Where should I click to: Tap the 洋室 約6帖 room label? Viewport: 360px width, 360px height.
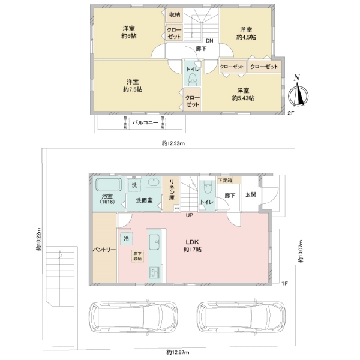click(128, 33)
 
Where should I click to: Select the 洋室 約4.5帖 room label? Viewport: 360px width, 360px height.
click(245, 33)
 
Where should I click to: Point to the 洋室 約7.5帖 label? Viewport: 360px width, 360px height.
click(133, 86)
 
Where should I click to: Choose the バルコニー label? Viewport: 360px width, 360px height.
click(145, 122)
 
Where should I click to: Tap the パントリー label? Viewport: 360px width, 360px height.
click(104, 249)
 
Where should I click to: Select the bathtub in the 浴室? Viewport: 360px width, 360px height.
click(107, 184)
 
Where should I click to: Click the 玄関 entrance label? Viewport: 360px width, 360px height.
click(251, 194)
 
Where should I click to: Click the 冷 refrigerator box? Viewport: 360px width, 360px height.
click(127, 238)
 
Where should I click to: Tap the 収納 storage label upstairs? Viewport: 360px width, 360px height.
click(174, 15)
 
